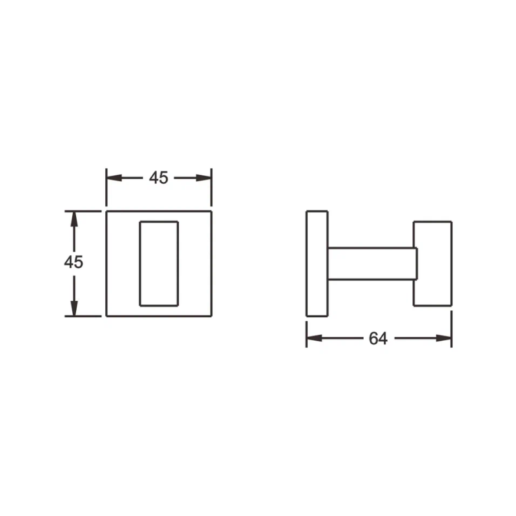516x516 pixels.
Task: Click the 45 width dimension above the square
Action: [x=159, y=178]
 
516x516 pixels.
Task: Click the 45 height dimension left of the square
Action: [x=74, y=263]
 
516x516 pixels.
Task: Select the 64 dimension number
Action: [x=378, y=339]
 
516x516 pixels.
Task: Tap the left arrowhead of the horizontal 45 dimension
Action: [x=114, y=178]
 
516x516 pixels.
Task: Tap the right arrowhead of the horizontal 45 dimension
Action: [x=204, y=178]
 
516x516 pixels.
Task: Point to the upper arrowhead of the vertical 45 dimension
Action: [x=74, y=219]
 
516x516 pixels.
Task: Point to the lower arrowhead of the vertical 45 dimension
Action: [x=74, y=308]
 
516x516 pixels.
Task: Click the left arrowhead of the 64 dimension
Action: [x=314, y=338]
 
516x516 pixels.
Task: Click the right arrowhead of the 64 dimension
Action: [x=444, y=338]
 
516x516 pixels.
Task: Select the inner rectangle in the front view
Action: [x=140, y=264]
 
